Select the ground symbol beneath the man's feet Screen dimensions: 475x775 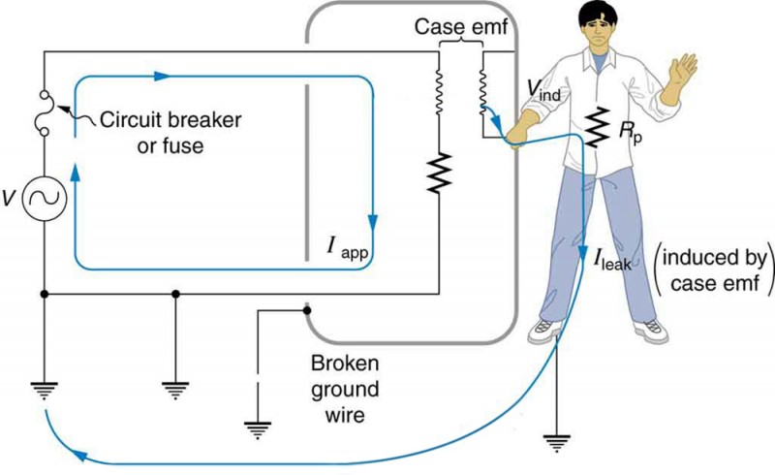pyautogui.click(x=557, y=441)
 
